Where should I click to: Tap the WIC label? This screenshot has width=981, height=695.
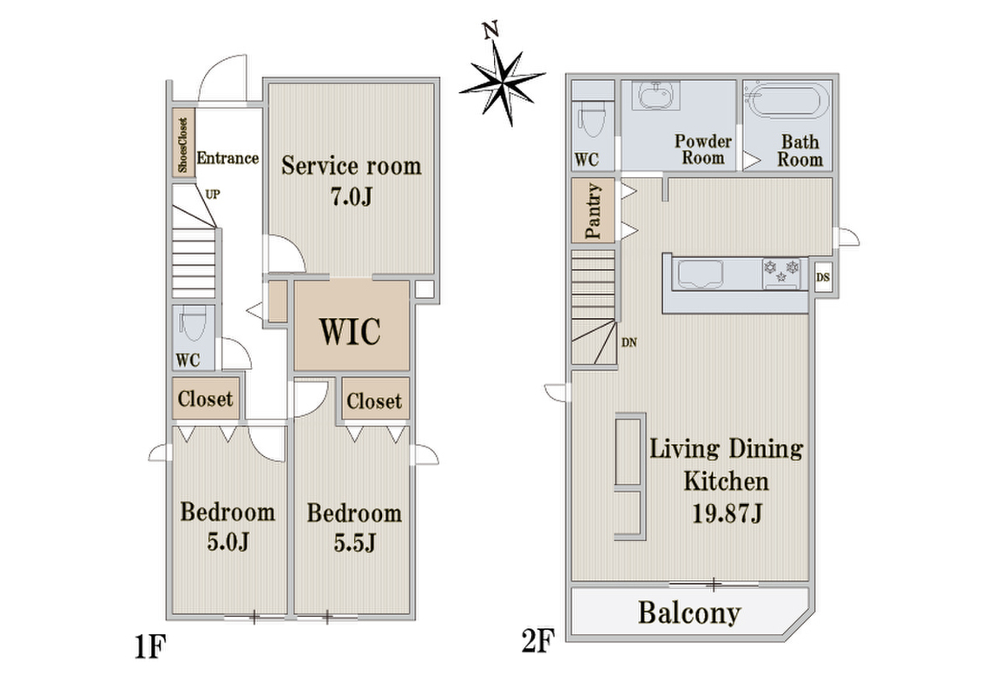(x=351, y=331)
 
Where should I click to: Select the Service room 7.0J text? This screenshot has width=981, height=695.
(x=351, y=181)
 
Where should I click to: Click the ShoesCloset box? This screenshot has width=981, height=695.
(x=183, y=143)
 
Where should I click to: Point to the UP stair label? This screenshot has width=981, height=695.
(x=213, y=194)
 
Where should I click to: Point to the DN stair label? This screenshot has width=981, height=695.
(x=629, y=342)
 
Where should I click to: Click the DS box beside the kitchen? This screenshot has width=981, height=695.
(x=823, y=276)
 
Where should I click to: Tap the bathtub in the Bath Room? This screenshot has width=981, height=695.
(x=787, y=101)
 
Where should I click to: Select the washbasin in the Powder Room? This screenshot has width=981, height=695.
(x=656, y=96)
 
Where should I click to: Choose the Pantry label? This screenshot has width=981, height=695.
(x=592, y=211)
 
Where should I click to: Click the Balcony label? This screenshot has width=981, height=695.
(x=689, y=613)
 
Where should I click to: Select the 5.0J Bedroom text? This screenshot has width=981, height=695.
(x=227, y=526)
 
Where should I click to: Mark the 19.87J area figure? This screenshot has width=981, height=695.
(x=727, y=514)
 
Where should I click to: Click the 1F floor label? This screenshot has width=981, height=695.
(x=149, y=647)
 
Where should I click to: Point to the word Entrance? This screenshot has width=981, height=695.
(x=227, y=158)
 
